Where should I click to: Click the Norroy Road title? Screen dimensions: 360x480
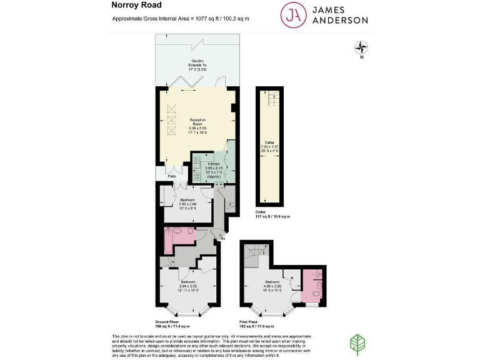coord(133,6)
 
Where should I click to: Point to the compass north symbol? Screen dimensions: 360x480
coord(361,47)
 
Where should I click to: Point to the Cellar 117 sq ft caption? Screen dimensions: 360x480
coord(272,214)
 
